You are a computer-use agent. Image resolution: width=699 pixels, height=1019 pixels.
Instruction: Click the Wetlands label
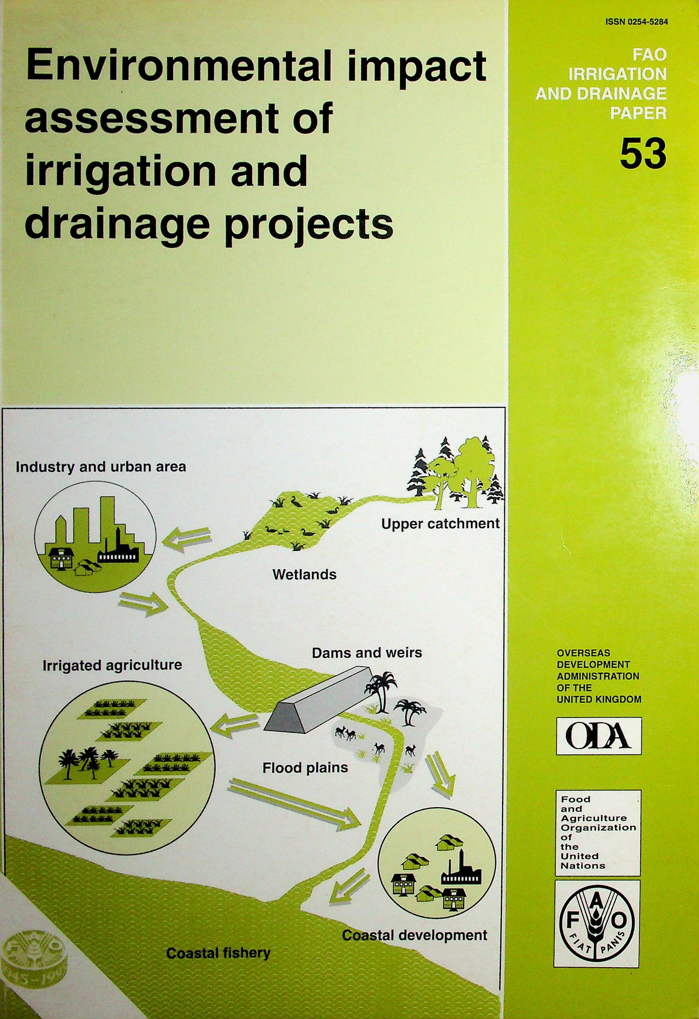[x=304, y=574]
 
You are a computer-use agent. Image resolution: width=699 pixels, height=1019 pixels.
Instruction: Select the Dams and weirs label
[x=367, y=653]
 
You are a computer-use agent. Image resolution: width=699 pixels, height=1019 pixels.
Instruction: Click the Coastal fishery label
[x=218, y=953]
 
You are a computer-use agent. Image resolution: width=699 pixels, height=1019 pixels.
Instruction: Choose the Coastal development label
[x=414, y=935]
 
